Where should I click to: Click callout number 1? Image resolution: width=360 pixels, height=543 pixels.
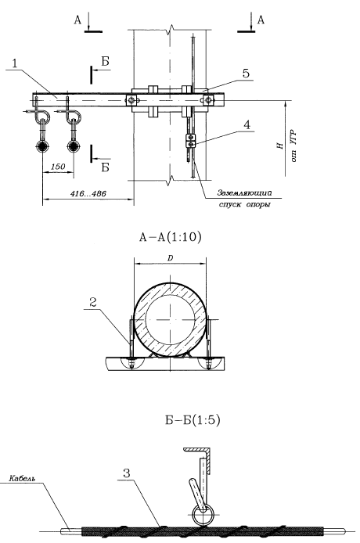(x=15, y=63)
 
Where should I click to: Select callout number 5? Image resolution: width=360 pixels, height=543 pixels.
(x=246, y=74)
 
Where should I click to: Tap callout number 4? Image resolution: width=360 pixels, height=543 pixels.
(x=247, y=124)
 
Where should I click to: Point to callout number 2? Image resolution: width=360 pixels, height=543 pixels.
(x=93, y=302)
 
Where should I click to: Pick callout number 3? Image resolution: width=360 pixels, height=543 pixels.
(x=127, y=473)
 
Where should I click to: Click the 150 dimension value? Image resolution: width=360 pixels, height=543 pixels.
(x=58, y=167)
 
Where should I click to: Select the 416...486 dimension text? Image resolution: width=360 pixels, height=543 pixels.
(x=88, y=193)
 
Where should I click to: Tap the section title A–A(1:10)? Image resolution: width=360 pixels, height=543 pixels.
(x=170, y=237)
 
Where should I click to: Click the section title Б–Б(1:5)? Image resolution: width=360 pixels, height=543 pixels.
(x=193, y=419)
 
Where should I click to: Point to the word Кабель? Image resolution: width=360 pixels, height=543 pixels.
(x=22, y=479)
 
